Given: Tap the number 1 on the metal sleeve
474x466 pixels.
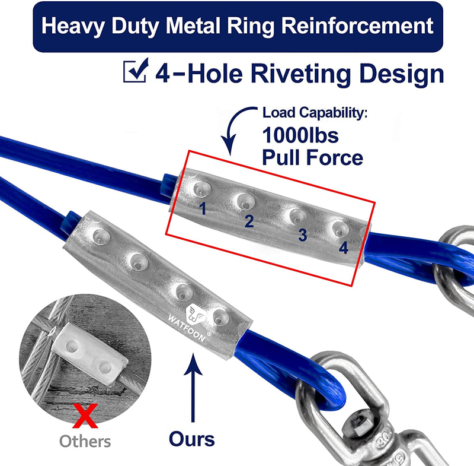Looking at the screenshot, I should (203, 208).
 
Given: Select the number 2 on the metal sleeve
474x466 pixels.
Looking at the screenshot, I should (249, 221).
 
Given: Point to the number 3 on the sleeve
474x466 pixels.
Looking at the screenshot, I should (303, 234).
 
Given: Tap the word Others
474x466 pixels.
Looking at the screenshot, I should (85, 441).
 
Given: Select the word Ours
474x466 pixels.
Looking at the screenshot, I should (191, 439).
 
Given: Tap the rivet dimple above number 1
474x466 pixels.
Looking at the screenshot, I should (200, 189).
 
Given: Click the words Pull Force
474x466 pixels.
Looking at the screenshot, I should (312, 158).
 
